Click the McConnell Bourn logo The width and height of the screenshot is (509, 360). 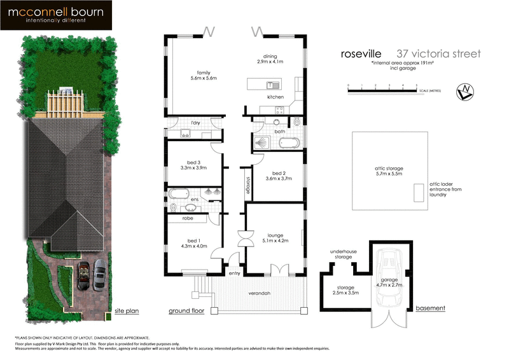[x=57, y=15]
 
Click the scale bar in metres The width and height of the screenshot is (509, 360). [x=382, y=90]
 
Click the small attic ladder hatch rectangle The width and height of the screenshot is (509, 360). [x=418, y=192]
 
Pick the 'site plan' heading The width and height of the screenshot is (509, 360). [x=126, y=312]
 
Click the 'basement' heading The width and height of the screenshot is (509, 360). [x=430, y=308]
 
